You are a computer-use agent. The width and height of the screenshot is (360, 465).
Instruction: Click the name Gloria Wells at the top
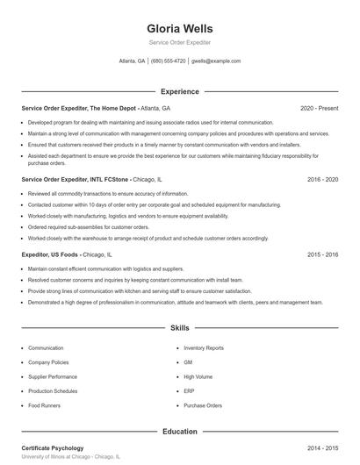pos(179,28)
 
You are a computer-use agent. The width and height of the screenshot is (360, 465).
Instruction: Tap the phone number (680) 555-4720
pos(168,61)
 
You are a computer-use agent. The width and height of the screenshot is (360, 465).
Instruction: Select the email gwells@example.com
pos(216,61)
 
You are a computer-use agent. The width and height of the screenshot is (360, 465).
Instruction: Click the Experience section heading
pos(179,91)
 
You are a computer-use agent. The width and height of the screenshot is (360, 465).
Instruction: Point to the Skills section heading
pos(179,327)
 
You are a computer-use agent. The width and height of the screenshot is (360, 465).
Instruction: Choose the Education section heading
pos(179,432)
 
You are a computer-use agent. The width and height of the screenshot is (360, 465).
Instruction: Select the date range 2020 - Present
pos(319,108)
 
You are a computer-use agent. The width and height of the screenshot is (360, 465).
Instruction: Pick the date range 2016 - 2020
pos(322,179)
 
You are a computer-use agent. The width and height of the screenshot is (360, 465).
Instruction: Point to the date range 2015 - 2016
pos(322,254)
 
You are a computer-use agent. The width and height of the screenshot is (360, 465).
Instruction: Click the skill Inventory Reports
pos(203,348)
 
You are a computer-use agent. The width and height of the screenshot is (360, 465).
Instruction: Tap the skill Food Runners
pos(45,405)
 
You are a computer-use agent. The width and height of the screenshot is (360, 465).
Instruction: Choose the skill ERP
pos(189,391)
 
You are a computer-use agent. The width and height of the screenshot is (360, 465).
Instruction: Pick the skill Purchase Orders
pos(203,405)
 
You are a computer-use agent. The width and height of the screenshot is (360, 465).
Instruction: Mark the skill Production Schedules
pos(53,391)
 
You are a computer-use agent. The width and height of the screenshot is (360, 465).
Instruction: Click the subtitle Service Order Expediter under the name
pos(179,42)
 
